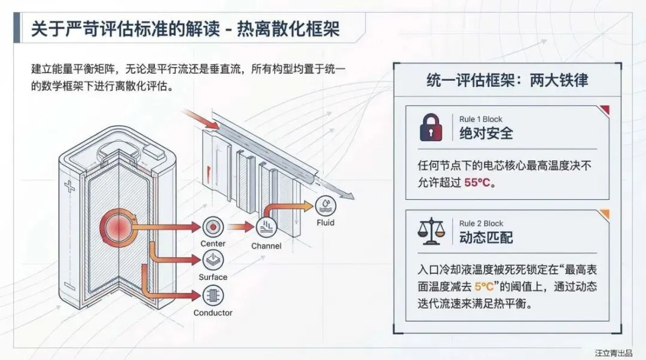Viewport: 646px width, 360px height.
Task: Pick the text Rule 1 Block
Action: point(481,118)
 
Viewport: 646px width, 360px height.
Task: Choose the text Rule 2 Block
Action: point(481,223)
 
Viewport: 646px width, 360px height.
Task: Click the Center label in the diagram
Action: point(213,243)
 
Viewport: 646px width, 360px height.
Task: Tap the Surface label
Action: point(213,277)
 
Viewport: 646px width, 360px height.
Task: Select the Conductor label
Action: point(213,313)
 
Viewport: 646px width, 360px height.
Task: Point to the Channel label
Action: point(266,246)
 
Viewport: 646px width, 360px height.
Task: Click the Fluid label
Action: point(325,223)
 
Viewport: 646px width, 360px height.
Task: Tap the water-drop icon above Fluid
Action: point(325,205)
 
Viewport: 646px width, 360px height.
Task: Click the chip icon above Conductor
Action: point(213,295)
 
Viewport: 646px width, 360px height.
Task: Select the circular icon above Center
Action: point(213,227)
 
